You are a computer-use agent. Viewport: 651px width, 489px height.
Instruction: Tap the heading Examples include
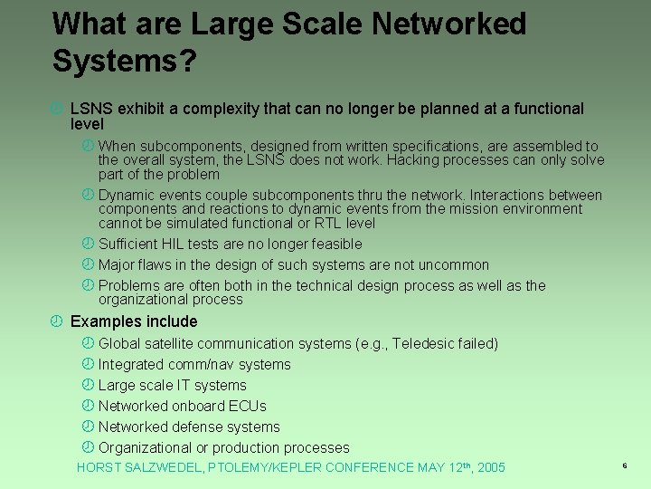(x=134, y=321)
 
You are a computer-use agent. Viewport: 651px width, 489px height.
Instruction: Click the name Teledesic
(x=424, y=343)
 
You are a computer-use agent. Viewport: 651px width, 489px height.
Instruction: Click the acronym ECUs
(x=247, y=406)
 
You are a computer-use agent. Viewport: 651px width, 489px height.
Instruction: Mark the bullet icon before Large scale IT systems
(x=88, y=385)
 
